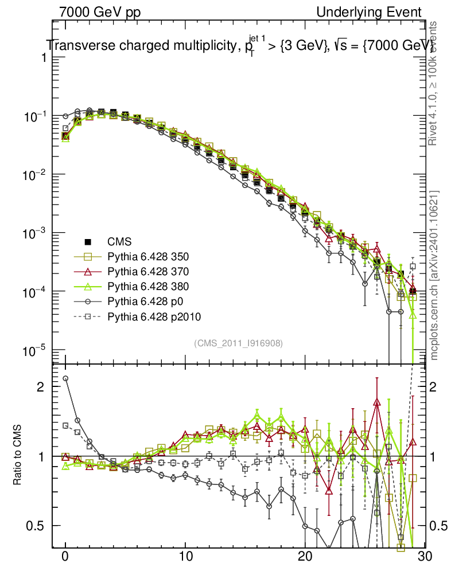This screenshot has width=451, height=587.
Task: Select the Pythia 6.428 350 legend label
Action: [x=148, y=257]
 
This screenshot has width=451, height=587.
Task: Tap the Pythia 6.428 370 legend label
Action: [x=148, y=272]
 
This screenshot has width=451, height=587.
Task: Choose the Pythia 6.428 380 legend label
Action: [x=148, y=287]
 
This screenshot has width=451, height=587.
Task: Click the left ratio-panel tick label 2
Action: [x=40, y=386]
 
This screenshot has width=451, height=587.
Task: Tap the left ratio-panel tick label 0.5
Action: [x=36, y=526]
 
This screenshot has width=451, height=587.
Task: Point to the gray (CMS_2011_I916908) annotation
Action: [x=238, y=343]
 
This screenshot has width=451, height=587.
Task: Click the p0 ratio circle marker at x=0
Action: [x=65, y=378]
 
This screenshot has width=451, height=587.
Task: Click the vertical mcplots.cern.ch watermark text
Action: [x=435, y=275]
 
